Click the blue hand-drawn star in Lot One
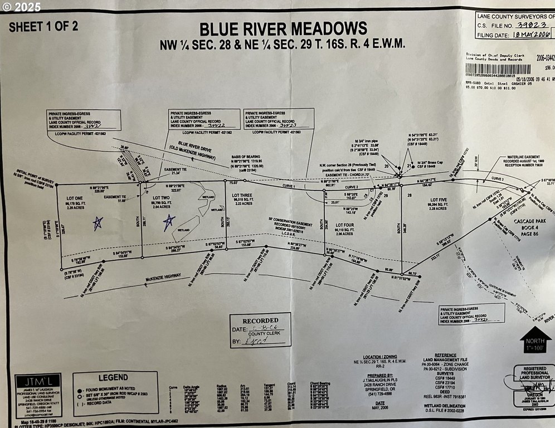[x=98, y=223]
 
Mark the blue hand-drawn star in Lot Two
[x=169, y=223]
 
